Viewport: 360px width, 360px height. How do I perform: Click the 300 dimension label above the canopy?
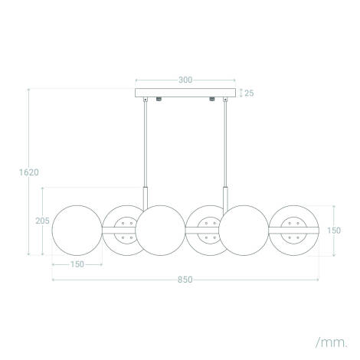pos(185,79)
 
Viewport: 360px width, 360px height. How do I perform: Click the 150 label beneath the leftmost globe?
pos(77,265)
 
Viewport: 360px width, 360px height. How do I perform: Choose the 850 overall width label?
pos(185,279)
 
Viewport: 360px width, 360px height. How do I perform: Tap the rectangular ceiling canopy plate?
pos(185,93)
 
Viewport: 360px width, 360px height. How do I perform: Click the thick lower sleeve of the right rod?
pos(226,197)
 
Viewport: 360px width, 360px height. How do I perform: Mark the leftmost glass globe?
pos(77,231)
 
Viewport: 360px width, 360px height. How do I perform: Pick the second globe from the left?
pos(123,231)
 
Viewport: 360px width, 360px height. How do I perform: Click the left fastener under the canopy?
pos(158,100)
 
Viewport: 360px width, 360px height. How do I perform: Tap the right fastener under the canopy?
pos(211,100)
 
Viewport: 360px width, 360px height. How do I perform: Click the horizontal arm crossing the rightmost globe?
pos(294,229)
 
